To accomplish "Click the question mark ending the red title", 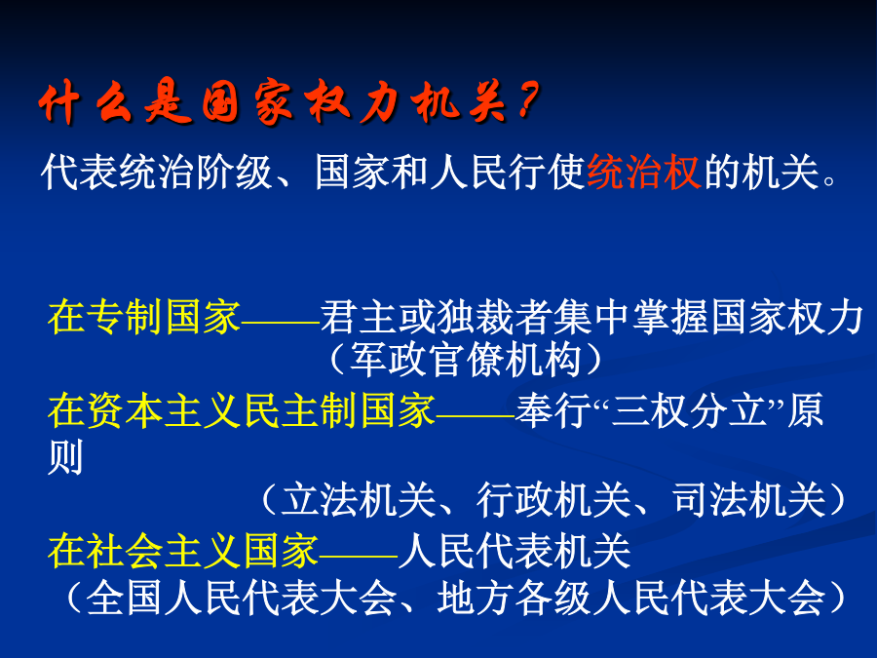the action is [527, 100].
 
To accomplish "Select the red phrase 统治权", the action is [644, 172].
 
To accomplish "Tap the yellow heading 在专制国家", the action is [144, 317].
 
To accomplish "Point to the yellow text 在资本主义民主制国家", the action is [242, 410].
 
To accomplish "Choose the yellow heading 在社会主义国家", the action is [183, 551].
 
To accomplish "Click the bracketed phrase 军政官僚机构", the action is [466, 359].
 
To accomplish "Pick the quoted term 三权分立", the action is [689, 410].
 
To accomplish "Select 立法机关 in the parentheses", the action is [359, 500].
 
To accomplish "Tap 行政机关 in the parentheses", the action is [554, 500].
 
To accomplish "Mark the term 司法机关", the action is [749, 500].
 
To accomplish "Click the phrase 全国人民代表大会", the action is [242, 599].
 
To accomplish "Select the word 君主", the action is [359, 317].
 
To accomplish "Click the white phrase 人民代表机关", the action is [515, 551].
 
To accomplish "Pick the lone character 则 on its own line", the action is [66, 457].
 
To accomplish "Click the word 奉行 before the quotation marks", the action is [553, 410].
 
